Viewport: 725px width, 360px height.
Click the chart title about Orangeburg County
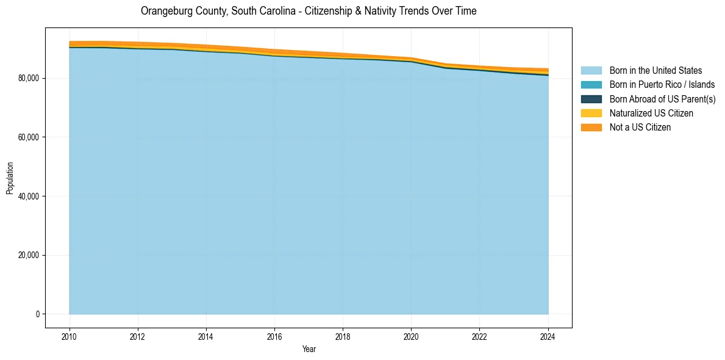point(309,11)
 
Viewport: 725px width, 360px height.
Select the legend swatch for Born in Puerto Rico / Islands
point(591,85)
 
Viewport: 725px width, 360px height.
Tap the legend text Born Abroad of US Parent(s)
point(662,99)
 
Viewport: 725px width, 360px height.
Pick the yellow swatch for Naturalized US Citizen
point(591,113)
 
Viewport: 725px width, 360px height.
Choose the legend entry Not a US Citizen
point(640,127)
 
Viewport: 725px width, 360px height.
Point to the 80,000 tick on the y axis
point(29,78)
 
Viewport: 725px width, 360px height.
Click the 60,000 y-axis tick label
point(29,137)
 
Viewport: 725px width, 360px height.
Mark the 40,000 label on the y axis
point(29,196)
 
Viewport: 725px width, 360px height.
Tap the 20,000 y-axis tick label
point(29,255)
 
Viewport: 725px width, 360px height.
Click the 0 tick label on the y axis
point(37,314)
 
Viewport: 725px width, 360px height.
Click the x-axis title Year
point(309,349)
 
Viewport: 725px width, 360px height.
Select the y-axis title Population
point(10,178)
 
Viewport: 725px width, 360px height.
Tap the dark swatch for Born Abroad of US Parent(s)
point(591,99)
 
